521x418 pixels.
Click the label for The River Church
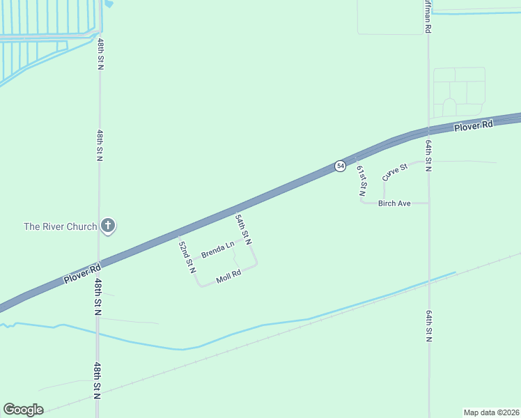click(61, 226)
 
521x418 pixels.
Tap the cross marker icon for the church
click(108, 225)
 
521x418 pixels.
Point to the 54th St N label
click(242, 229)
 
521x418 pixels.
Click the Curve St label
click(394, 172)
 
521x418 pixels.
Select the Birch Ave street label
click(394, 203)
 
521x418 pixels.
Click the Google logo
click(23, 410)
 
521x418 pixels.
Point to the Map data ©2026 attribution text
click(491, 412)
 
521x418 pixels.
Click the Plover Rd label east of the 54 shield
click(473, 125)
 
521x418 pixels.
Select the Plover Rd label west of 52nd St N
click(82, 272)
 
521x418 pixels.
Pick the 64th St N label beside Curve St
click(428, 155)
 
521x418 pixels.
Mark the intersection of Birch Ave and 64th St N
click(428, 203)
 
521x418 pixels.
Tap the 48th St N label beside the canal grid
click(100, 54)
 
